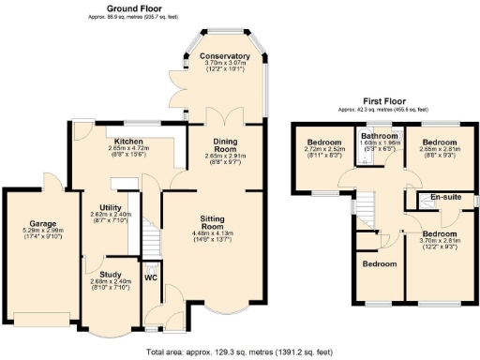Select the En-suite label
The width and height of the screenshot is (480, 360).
point(446,197)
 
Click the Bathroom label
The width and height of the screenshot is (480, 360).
point(380,137)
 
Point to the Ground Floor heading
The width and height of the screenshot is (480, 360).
point(138,7)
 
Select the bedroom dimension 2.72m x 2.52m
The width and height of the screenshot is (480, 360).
point(322,149)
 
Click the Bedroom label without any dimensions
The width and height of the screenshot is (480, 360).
point(381,265)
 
